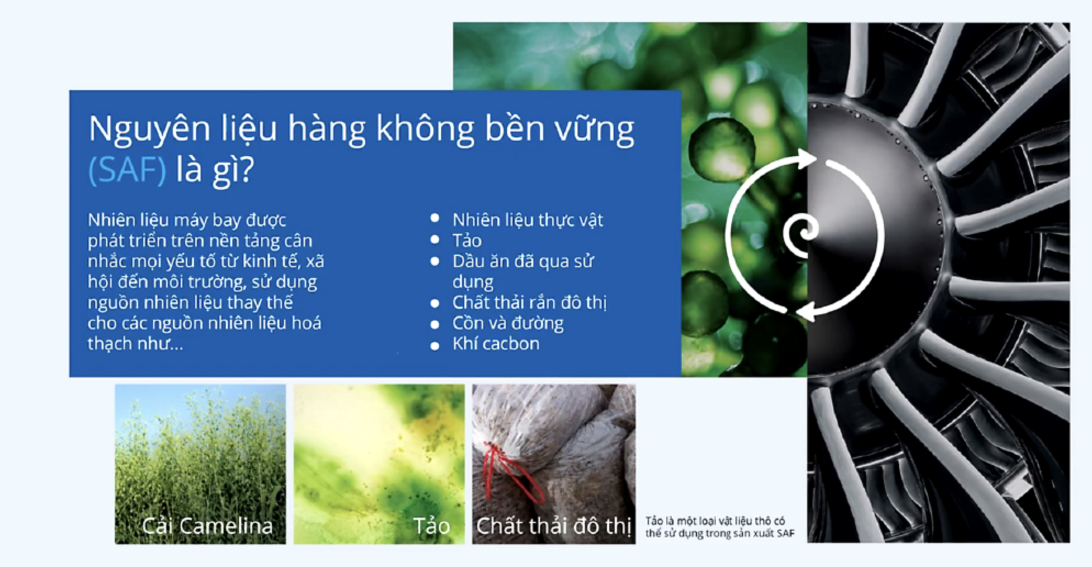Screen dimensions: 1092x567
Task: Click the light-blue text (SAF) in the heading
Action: click(127, 170)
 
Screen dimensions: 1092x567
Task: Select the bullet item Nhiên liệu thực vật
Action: click(527, 220)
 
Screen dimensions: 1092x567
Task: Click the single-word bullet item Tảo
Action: click(467, 241)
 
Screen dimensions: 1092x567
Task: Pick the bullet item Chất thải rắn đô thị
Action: click(530, 303)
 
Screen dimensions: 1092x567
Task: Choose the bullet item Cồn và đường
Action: click(508, 323)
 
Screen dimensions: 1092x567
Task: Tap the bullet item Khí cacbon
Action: click(496, 344)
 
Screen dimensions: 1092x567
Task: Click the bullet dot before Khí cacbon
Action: click(435, 346)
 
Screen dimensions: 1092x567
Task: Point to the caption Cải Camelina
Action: click(207, 526)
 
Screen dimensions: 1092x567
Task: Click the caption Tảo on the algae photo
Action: click(432, 526)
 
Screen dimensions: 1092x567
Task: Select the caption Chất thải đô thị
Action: click(553, 526)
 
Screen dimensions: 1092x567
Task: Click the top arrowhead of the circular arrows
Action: click(806, 159)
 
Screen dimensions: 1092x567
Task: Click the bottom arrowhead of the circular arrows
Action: click(805, 312)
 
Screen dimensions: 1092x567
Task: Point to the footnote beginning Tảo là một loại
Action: click(720, 527)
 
